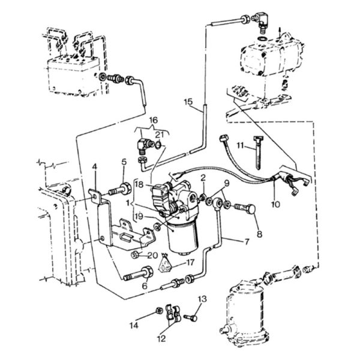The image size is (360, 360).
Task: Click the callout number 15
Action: point(188,102)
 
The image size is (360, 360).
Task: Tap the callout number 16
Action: point(154,120)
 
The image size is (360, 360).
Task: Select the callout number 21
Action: point(160,134)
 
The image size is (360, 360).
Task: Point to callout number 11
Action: point(240,146)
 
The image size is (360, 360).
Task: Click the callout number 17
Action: point(190,262)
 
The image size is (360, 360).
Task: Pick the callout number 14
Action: point(134,325)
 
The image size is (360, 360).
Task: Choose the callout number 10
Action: point(275,204)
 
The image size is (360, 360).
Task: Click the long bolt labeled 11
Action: point(258,152)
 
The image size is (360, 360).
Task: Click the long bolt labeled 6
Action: point(138,274)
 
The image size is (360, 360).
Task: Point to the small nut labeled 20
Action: point(135,254)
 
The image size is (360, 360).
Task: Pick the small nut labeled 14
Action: point(159,310)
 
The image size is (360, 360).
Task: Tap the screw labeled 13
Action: point(191,318)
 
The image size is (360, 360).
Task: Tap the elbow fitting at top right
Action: point(260,22)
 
